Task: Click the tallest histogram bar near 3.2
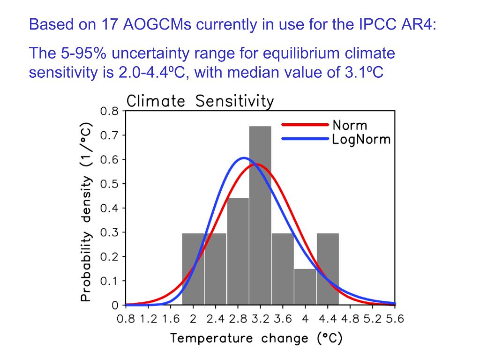pos(260,216)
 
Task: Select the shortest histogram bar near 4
pos(305,287)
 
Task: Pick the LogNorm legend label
pos(360,139)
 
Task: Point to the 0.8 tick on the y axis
pos(110,111)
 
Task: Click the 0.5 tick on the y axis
pos(110,184)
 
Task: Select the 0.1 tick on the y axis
pos(110,281)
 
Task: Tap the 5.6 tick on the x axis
pos(395,319)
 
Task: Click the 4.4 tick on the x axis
pos(328,319)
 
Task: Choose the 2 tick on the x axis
pos(193,319)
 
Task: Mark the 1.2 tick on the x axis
pos(148,319)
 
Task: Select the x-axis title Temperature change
pos(256,338)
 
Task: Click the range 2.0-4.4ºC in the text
pos(149,73)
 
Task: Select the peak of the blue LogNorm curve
pos(244,158)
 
